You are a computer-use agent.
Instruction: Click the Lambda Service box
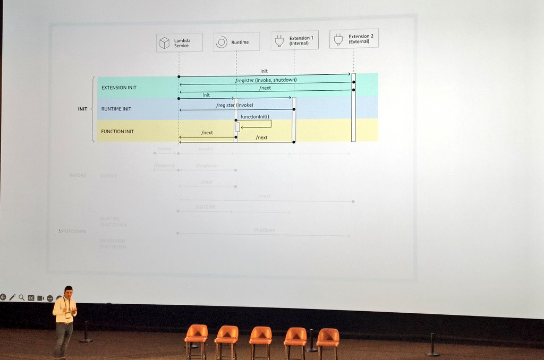(179, 42)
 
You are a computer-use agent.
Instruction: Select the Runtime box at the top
(236, 42)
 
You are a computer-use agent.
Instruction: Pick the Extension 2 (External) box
(354, 39)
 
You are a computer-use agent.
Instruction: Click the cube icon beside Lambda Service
(165, 42)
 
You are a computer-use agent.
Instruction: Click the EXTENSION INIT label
(118, 88)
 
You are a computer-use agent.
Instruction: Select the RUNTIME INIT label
(116, 109)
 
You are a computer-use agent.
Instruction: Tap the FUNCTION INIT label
(117, 131)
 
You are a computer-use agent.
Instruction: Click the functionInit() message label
(254, 117)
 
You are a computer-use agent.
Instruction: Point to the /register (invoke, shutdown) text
(266, 80)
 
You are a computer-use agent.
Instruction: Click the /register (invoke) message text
(235, 105)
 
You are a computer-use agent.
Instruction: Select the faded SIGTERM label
(205, 207)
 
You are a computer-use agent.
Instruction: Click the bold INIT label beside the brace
(82, 109)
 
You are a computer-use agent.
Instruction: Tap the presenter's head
(67, 292)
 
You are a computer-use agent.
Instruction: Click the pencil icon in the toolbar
(12, 297)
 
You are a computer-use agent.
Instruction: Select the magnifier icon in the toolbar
(22, 297)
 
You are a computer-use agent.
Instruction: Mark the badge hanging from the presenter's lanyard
(68, 315)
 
